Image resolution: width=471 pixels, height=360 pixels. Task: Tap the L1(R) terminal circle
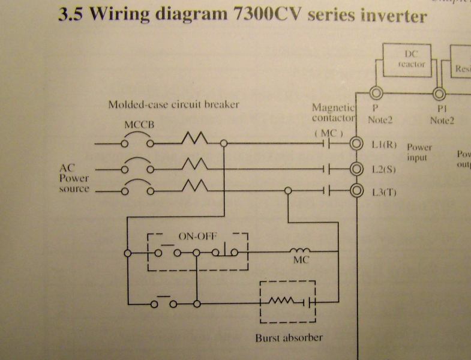[x=357, y=144]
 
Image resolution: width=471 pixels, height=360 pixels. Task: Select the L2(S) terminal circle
[x=357, y=169]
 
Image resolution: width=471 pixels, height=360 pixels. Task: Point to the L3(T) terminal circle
[x=357, y=191]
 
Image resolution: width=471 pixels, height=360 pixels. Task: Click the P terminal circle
[x=376, y=93]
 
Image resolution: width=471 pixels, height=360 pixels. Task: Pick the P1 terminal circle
[x=440, y=93]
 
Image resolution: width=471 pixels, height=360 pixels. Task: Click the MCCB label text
[x=138, y=127]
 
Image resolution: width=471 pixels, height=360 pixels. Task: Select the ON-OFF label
[x=197, y=236]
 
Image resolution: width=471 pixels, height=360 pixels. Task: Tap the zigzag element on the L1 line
[x=194, y=140]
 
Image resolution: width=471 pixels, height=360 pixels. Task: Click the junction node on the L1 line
[x=224, y=144]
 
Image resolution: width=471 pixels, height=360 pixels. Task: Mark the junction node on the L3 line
[x=288, y=191]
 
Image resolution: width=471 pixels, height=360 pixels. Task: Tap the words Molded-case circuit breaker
[x=174, y=104]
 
